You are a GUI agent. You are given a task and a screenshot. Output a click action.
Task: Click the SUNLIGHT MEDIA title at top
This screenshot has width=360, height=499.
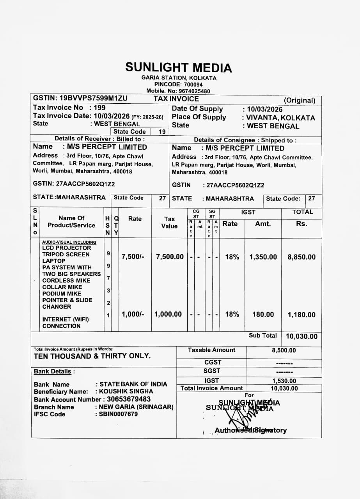(x=178, y=68)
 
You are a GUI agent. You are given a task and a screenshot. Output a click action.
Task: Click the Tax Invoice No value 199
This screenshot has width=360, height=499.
(x=100, y=108)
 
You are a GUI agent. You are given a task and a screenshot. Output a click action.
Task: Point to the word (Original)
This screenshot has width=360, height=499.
(x=299, y=100)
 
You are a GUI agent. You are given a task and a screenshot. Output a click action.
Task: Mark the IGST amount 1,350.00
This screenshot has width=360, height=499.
(x=263, y=257)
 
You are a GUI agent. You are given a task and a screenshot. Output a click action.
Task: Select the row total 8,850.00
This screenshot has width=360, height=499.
(x=301, y=257)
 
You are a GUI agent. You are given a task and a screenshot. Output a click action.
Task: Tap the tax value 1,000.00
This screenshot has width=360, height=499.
(x=168, y=314)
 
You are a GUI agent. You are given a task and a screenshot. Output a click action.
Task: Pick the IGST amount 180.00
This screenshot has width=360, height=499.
(x=263, y=315)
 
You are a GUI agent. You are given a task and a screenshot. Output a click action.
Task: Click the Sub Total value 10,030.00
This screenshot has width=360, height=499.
(x=301, y=336)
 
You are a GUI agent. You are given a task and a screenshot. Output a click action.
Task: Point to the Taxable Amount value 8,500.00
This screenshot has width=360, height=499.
(x=284, y=350)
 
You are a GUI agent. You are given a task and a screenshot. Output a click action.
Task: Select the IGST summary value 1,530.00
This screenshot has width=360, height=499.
(x=284, y=381)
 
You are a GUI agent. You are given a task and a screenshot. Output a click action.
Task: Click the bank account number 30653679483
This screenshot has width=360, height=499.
(x=128, y=399)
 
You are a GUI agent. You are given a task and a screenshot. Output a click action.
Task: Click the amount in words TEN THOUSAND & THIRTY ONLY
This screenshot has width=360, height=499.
(x=92, y=356)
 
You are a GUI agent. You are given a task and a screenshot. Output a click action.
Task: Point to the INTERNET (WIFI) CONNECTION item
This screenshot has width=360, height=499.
(x=66, y=323)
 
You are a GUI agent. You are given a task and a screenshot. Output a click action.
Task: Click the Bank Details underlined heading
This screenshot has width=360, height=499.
(x=53, y=372)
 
